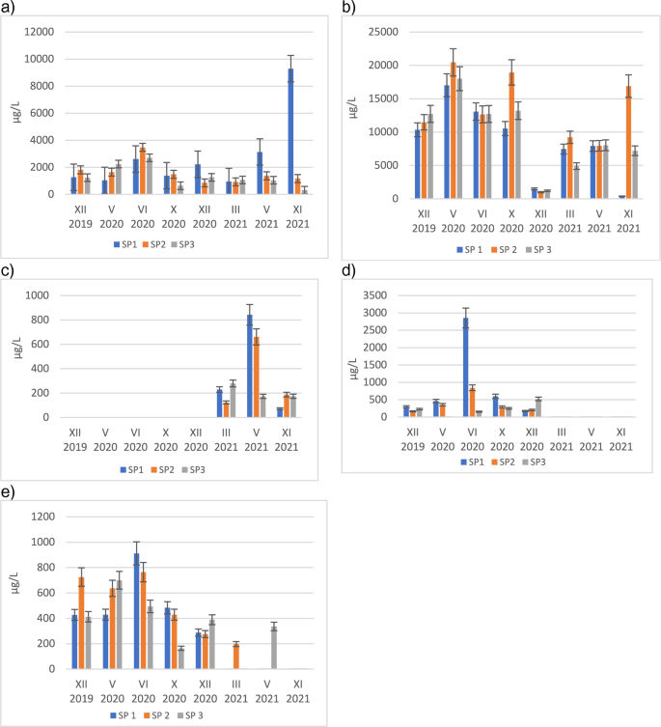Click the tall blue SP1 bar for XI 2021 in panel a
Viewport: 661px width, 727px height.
pos(290,131)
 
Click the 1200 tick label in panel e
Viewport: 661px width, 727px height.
pos(56,517)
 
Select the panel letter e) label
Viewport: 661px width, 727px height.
pos(9,490)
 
